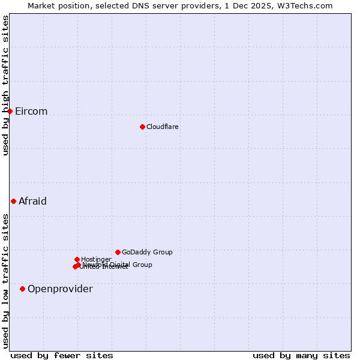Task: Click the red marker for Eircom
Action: click(10, 111)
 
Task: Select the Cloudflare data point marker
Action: click(142, 127)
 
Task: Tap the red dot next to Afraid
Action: click(13, 201)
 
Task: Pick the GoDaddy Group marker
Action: click(118, 252)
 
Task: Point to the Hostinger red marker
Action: click(77, 259)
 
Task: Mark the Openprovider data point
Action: click(22, 289)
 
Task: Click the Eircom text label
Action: click(31, 112)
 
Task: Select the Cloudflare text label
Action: click(163, 127)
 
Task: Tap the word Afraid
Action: click(32, 202)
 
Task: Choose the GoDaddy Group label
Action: click(147, 253)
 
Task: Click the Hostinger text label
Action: click(96, 259)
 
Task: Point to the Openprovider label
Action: click(60, 289)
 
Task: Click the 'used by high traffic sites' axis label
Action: click(5, 85)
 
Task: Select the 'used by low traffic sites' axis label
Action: click(5, 281)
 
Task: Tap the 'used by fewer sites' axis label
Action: click(62, 356)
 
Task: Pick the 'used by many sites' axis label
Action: click(301, 356)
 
